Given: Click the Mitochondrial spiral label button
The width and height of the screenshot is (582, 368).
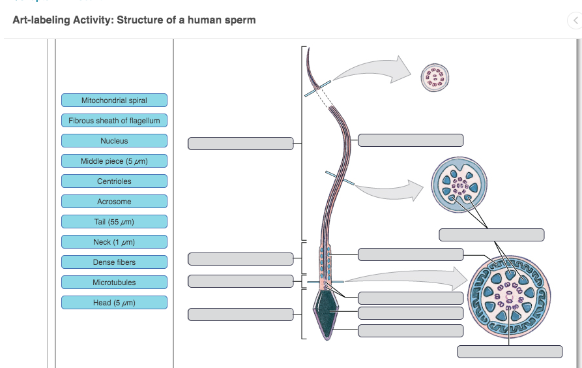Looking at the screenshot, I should (x=114, y=100).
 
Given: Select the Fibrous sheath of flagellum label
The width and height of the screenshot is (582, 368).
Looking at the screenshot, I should (x=114, y=121).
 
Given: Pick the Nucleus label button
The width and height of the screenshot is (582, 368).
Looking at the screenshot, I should (x=114, y=141).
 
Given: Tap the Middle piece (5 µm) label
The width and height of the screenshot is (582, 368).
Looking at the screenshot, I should (x=114, y=161).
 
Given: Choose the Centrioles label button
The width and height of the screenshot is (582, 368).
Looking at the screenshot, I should (x=114, y=181).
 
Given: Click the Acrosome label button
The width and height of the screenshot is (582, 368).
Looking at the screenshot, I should (x=114, y=202).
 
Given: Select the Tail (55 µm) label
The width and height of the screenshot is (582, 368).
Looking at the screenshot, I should (x=114, y=222).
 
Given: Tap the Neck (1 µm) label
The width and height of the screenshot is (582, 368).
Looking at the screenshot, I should (x=114, y=242).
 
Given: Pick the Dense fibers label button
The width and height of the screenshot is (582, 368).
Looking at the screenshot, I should (x=114, y=262).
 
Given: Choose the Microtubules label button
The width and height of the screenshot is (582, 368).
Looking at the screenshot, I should (x=114, y=283).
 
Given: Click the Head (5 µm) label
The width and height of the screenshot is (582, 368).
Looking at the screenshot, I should (x=114, y=303).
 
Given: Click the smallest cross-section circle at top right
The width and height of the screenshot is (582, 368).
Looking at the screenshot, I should (x=435, y=77).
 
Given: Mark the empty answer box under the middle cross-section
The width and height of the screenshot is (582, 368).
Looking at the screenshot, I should (x=491, y=235).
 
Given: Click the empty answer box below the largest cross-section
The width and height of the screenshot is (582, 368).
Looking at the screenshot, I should (x=510, y=352).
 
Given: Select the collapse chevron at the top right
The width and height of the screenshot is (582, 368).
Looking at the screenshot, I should (x=574, y=21).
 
